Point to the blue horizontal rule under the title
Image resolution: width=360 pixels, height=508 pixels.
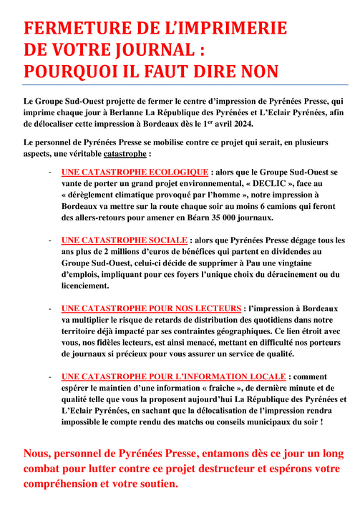pos(180,85)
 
